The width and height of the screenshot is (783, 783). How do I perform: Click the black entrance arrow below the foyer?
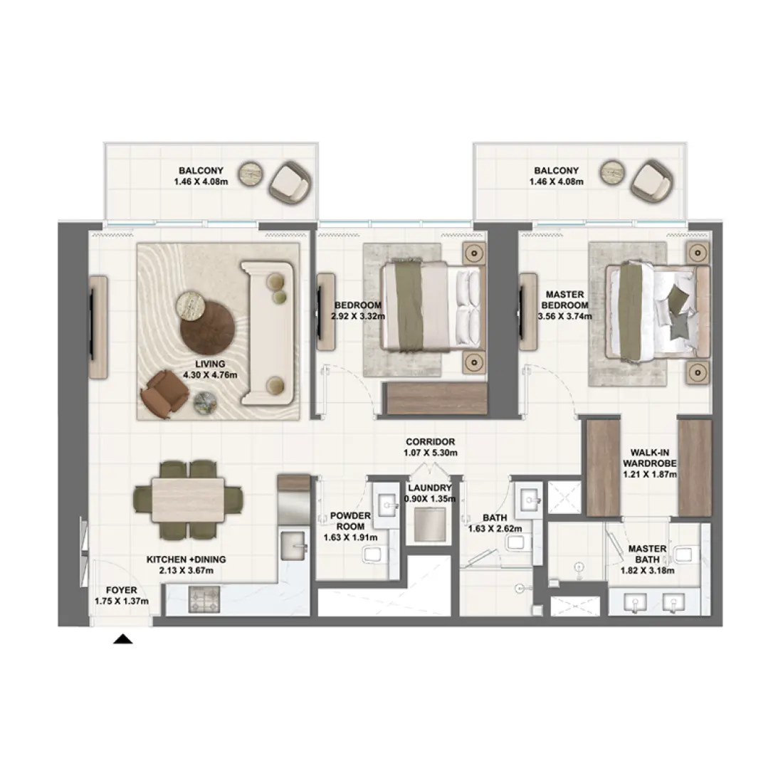pyautogui.click(x=123, y=639)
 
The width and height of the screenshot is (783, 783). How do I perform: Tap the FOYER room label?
pyautogui.click(x=121, y=590)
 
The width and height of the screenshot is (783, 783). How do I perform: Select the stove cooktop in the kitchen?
pyautogui.click(x=204, y=599)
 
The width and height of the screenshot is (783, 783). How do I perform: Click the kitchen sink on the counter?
pyautogui.click(x=293, y=545)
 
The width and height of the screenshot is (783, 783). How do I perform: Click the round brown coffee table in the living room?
pyautogui.click(x=207, y=327)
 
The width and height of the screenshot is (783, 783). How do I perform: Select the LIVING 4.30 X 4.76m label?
pyautogui.click(x=210, y=369)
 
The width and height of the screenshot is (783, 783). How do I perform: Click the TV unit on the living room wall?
pyautogui.click(x=98, y=327)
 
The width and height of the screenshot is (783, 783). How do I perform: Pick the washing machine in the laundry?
pyautogui.click(x=429, y=525)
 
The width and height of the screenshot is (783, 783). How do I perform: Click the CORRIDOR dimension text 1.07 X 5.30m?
pyautogui.click(x=431, y=453)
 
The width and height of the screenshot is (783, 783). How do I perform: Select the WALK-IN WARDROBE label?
pyautogui.click(x=649, y=458)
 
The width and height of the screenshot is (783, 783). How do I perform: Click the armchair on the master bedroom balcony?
pyautogui.click(x=651, y=182)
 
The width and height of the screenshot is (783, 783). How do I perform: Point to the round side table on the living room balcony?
pyautogui.click(x=250, y=174)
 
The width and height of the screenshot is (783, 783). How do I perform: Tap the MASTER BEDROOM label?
pyautogui.click(x=564, y=300)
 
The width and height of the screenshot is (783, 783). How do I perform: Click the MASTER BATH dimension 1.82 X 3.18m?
pyautogui.click(x=647, y=570)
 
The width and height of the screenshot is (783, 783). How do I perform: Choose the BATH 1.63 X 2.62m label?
pyautogui.click(x=495, y=523)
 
